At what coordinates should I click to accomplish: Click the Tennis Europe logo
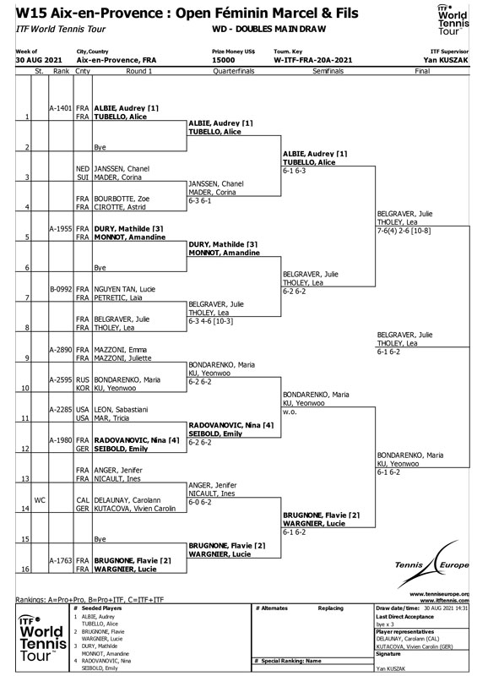point(431,564)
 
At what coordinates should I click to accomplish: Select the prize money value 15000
point(223,60)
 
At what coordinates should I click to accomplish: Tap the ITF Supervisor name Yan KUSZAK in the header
point(446,60)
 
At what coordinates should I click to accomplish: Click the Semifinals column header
point(328,71)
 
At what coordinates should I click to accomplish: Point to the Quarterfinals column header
point(234,71)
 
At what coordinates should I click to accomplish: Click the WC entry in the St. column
point(40,500)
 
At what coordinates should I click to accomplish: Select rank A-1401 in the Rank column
point(60,108)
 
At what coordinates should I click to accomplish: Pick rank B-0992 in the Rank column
point(60,289)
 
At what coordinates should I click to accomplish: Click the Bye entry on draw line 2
point(100,147)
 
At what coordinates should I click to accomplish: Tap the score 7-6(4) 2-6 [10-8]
point(404,231)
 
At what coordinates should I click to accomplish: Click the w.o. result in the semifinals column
point(290,412)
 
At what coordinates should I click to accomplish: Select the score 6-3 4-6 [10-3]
point(211,321)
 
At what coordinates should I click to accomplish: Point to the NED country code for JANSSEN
point(82,168)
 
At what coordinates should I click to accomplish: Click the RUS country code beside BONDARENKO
point(82,379)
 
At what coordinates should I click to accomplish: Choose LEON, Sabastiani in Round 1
point(121,410)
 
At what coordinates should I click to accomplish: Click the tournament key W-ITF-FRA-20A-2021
point(313,60)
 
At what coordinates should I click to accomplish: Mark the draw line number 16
point(26,569)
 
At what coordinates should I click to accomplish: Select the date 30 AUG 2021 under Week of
point(39,60)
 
